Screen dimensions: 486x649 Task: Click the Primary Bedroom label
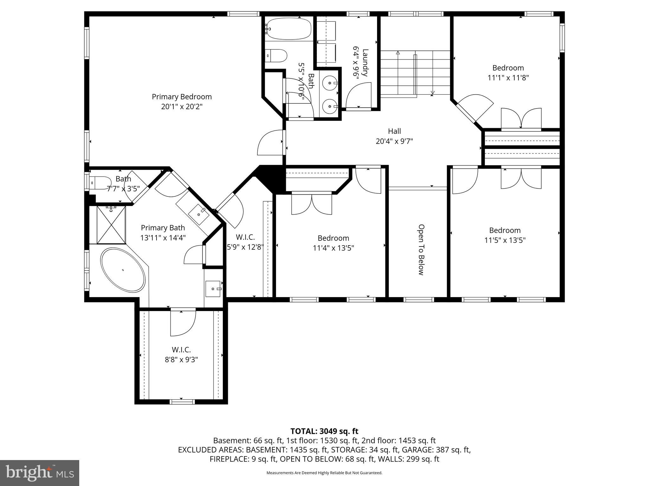(182, 97)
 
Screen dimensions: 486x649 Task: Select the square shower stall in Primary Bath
(111, 225)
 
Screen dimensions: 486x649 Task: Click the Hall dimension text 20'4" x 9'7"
(394, 141)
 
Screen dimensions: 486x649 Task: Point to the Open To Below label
(421, 250)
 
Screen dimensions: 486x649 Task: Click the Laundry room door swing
(358, 95)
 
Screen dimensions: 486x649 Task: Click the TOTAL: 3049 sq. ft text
(324, 431)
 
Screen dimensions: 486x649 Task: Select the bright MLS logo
(40, 473)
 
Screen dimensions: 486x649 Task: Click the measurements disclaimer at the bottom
(324, 473)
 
